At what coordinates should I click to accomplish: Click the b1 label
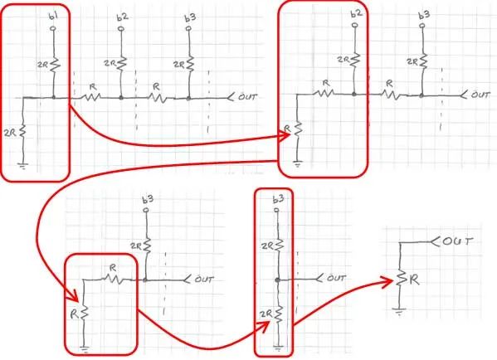point(53,16)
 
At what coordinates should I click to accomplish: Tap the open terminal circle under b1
point(53,29)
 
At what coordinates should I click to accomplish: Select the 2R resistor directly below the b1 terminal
point(55,65)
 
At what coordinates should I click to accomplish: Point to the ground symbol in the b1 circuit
point(23,166)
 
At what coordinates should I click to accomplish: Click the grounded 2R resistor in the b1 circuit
point(22,132)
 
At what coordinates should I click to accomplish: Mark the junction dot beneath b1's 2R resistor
point(54,97)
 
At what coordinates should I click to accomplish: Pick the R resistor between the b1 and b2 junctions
point(91,96)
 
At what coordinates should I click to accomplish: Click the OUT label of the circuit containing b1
point(247,96)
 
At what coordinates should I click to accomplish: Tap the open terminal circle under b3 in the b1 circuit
point(189,29)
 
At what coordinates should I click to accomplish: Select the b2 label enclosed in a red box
point(356,13)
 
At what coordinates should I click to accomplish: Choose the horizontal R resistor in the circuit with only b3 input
point(115,280)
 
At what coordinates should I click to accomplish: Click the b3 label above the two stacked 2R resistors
point(278,199)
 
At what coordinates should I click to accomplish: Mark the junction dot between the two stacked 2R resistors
point(278,280)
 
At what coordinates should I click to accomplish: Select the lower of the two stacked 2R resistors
point(278,314)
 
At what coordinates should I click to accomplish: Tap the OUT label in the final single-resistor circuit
point(457,241)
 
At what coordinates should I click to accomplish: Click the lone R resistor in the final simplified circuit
point(400,279)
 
